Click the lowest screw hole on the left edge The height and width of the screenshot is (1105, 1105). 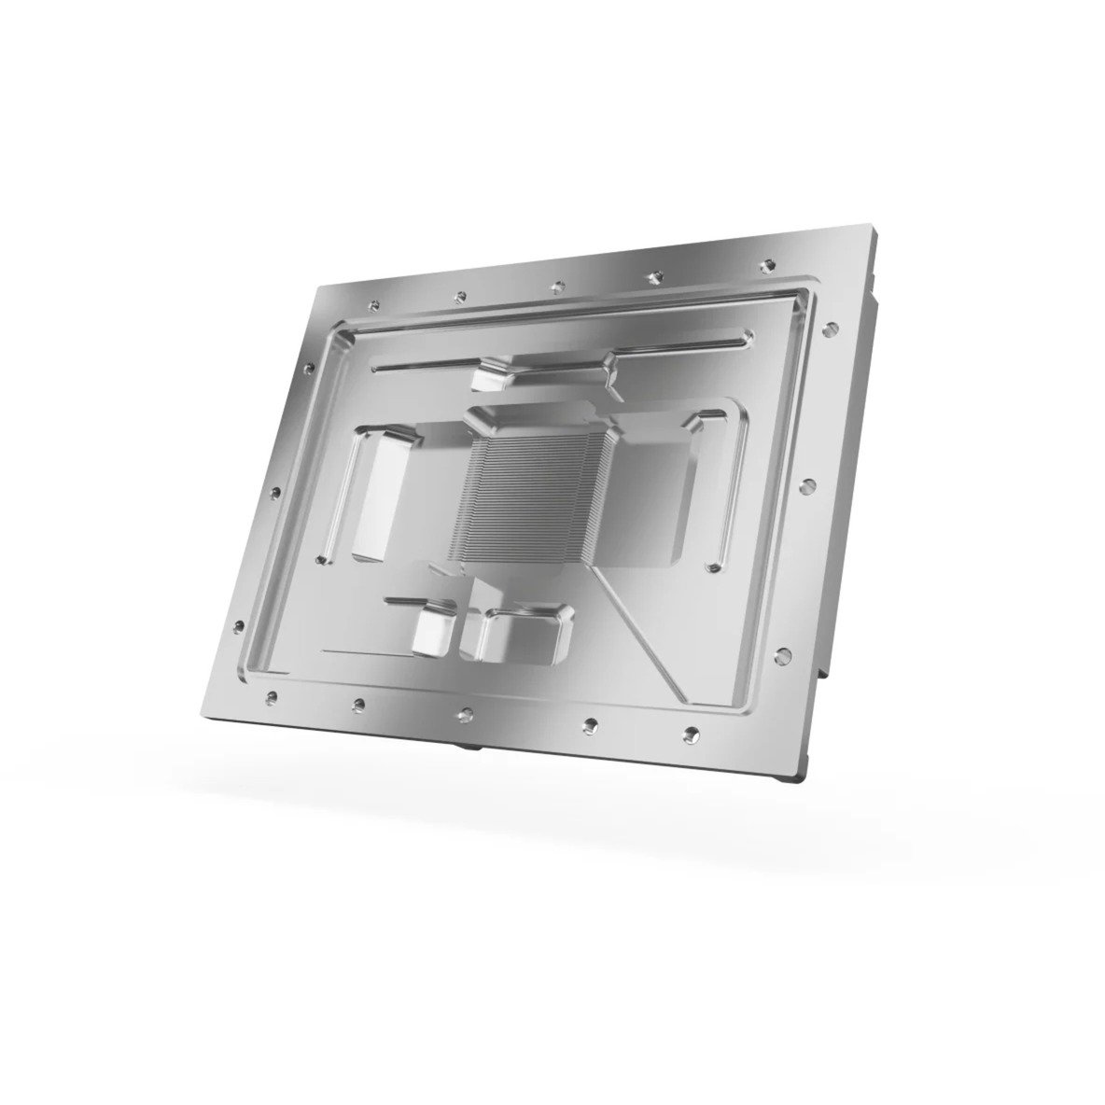pyautogui.click(x=242, y=626)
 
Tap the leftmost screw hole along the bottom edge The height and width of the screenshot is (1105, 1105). pyautogui.click(x=271, y=695)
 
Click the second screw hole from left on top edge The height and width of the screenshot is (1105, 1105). pyautogui.click(x=460, y=296)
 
